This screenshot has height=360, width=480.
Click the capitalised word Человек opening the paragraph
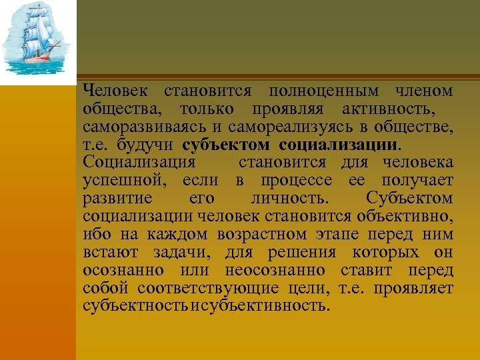click(x=116, y=90)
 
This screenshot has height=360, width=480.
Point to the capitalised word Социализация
click(x=139, y=162)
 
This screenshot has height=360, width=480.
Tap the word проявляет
click(x=413, y=288)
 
